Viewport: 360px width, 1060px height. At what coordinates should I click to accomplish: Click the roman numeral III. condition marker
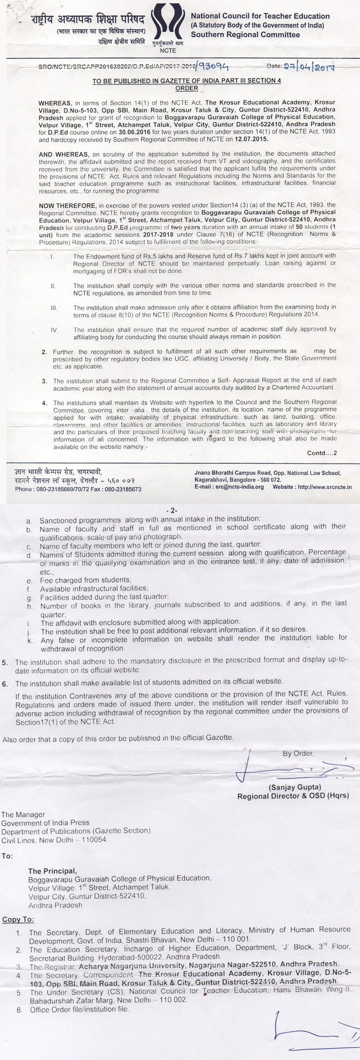[53, 306]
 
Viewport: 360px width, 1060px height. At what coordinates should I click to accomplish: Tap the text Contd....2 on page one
[322, 453]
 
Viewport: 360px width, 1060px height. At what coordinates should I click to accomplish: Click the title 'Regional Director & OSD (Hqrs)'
[293, 795]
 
